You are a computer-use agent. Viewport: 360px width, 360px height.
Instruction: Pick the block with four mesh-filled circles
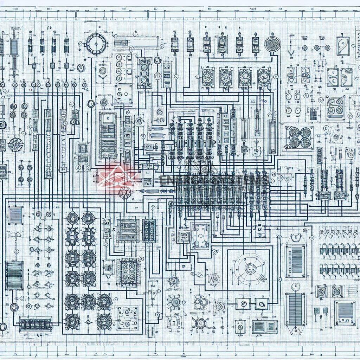299,137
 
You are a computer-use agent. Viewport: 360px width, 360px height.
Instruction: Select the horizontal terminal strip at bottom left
36,323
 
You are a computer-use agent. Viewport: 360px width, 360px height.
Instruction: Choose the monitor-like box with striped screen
345,312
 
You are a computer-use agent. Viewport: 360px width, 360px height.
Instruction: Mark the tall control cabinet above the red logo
108,135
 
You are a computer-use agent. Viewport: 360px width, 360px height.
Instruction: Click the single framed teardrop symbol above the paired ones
343,46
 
